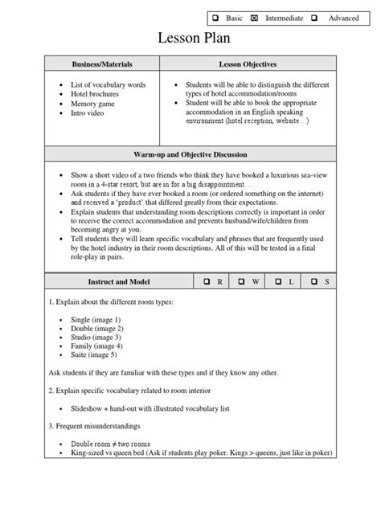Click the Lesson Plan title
pos(190,39)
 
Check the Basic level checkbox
pos(215,18)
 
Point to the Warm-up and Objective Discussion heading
pos(190,154)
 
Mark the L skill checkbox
pos(280,282)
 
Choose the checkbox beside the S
pos(316,282)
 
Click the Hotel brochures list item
pos(95,93)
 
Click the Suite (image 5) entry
pos(93,355)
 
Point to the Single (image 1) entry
pos(96,319)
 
